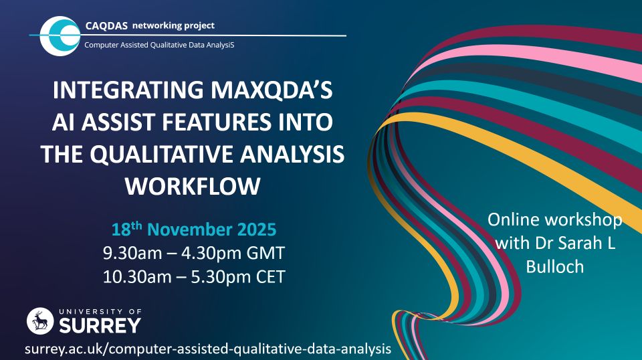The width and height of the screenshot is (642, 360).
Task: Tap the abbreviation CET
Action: click(x=267, y=276)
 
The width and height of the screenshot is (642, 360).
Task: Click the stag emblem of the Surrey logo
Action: click(x=39, y=321)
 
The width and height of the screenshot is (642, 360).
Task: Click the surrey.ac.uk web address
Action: click(x=207, y=349)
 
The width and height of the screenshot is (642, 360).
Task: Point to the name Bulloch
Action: click(x=554, y=266)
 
